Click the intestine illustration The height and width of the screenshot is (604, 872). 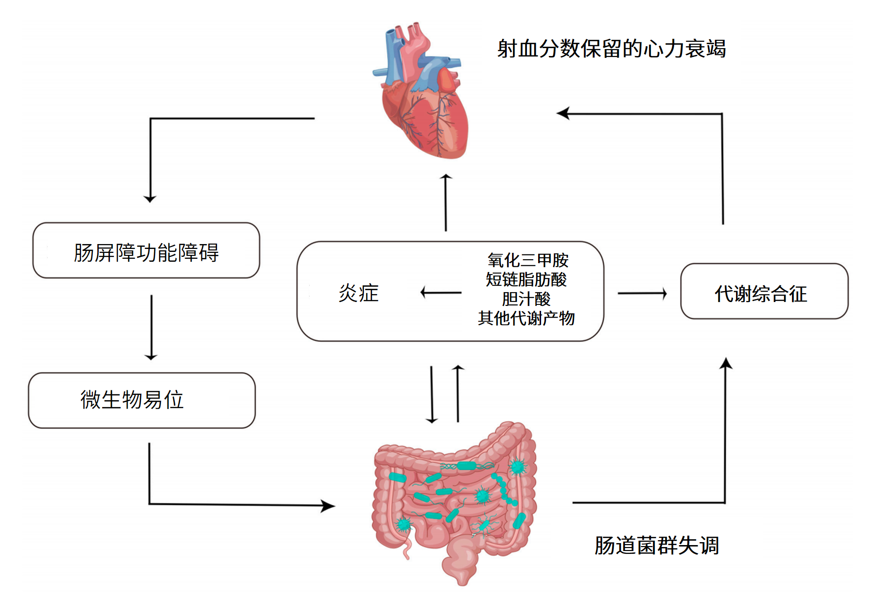coord(454,501)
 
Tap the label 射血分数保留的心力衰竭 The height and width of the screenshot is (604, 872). coord(611,49)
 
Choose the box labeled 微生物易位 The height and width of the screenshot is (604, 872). coord(141,400)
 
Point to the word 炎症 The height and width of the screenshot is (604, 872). coord(358,293)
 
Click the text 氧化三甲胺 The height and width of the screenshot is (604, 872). coord(528,260)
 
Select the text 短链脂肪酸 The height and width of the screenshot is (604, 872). coord(526,279)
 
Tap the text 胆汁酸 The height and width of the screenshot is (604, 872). coord(526,299)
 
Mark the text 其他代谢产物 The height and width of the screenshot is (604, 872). coord(526,318)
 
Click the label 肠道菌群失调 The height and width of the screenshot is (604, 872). coord(657,546)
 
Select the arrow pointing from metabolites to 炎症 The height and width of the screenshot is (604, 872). coord(440,293)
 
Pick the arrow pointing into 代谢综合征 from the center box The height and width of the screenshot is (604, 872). coord(642,294)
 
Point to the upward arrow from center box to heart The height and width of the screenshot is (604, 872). coord(446,202)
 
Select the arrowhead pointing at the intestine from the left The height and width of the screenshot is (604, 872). coord(328,505)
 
